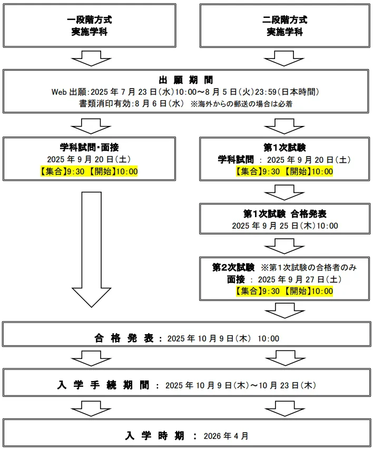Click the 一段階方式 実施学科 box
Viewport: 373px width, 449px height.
(90, 26)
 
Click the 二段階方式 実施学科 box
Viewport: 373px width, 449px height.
(284, 26)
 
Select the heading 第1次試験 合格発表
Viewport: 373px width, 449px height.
(284, 214)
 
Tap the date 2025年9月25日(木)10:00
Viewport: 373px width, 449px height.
(284, 226)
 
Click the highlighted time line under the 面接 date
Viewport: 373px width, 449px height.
(284, 291)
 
